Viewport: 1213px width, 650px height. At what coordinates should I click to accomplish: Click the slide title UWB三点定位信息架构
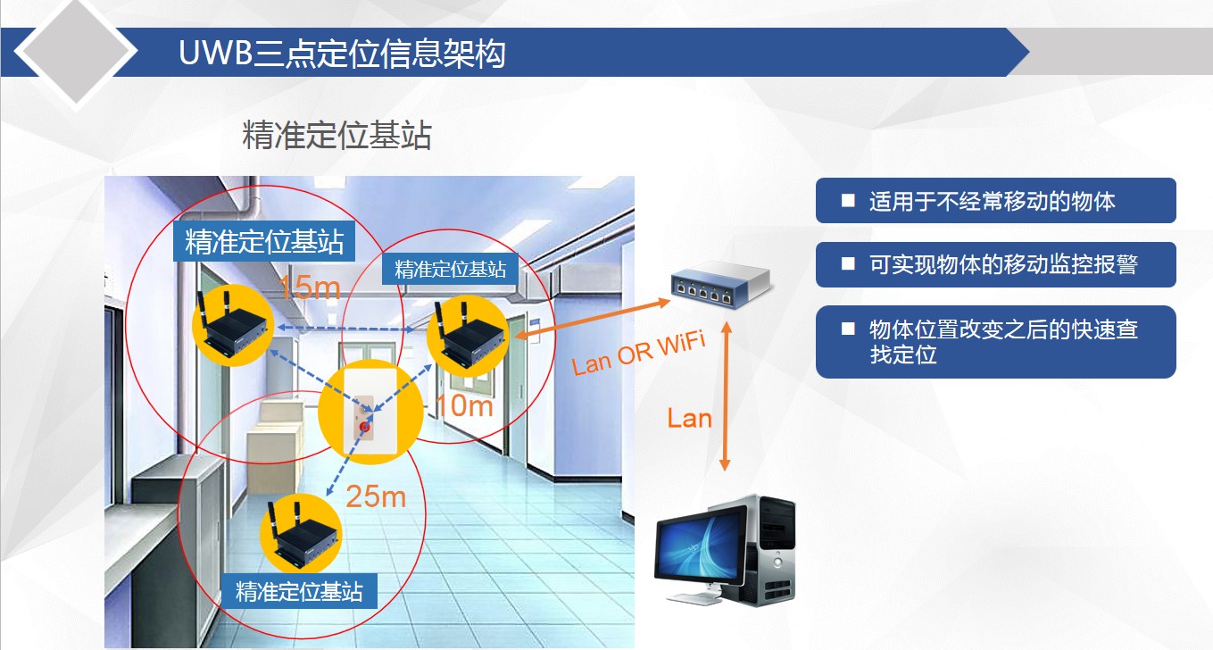[342, 53]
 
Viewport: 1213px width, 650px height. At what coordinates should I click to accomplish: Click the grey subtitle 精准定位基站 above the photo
[336, 135]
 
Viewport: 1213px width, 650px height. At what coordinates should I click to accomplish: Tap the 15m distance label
[309, 287]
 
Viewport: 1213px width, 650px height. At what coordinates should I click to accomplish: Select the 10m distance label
[465, 405]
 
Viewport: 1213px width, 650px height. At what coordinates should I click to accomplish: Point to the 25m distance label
[376, 496]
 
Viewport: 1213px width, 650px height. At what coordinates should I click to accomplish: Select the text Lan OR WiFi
[639, 353]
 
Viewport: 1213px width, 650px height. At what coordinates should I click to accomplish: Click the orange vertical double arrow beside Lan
[725, 396]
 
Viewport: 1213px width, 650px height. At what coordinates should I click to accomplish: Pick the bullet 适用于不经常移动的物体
[996, 200]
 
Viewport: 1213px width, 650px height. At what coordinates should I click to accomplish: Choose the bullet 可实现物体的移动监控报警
[996, 264]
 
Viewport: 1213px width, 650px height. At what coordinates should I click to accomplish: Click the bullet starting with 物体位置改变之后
[996, 342]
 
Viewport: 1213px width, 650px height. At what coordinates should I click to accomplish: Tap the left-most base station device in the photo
[233, 326]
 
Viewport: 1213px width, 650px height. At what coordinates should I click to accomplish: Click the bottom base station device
[301, 534]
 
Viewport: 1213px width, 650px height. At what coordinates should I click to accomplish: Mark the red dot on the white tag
[365, 428]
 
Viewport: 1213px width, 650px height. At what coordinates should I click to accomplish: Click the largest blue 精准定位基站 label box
[264, 241]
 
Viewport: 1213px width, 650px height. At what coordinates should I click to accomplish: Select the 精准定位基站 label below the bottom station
[299, 591]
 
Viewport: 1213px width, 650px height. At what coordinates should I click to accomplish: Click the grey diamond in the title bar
[76, 51]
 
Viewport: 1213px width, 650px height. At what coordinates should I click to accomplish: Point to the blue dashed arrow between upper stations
[346, 329]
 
